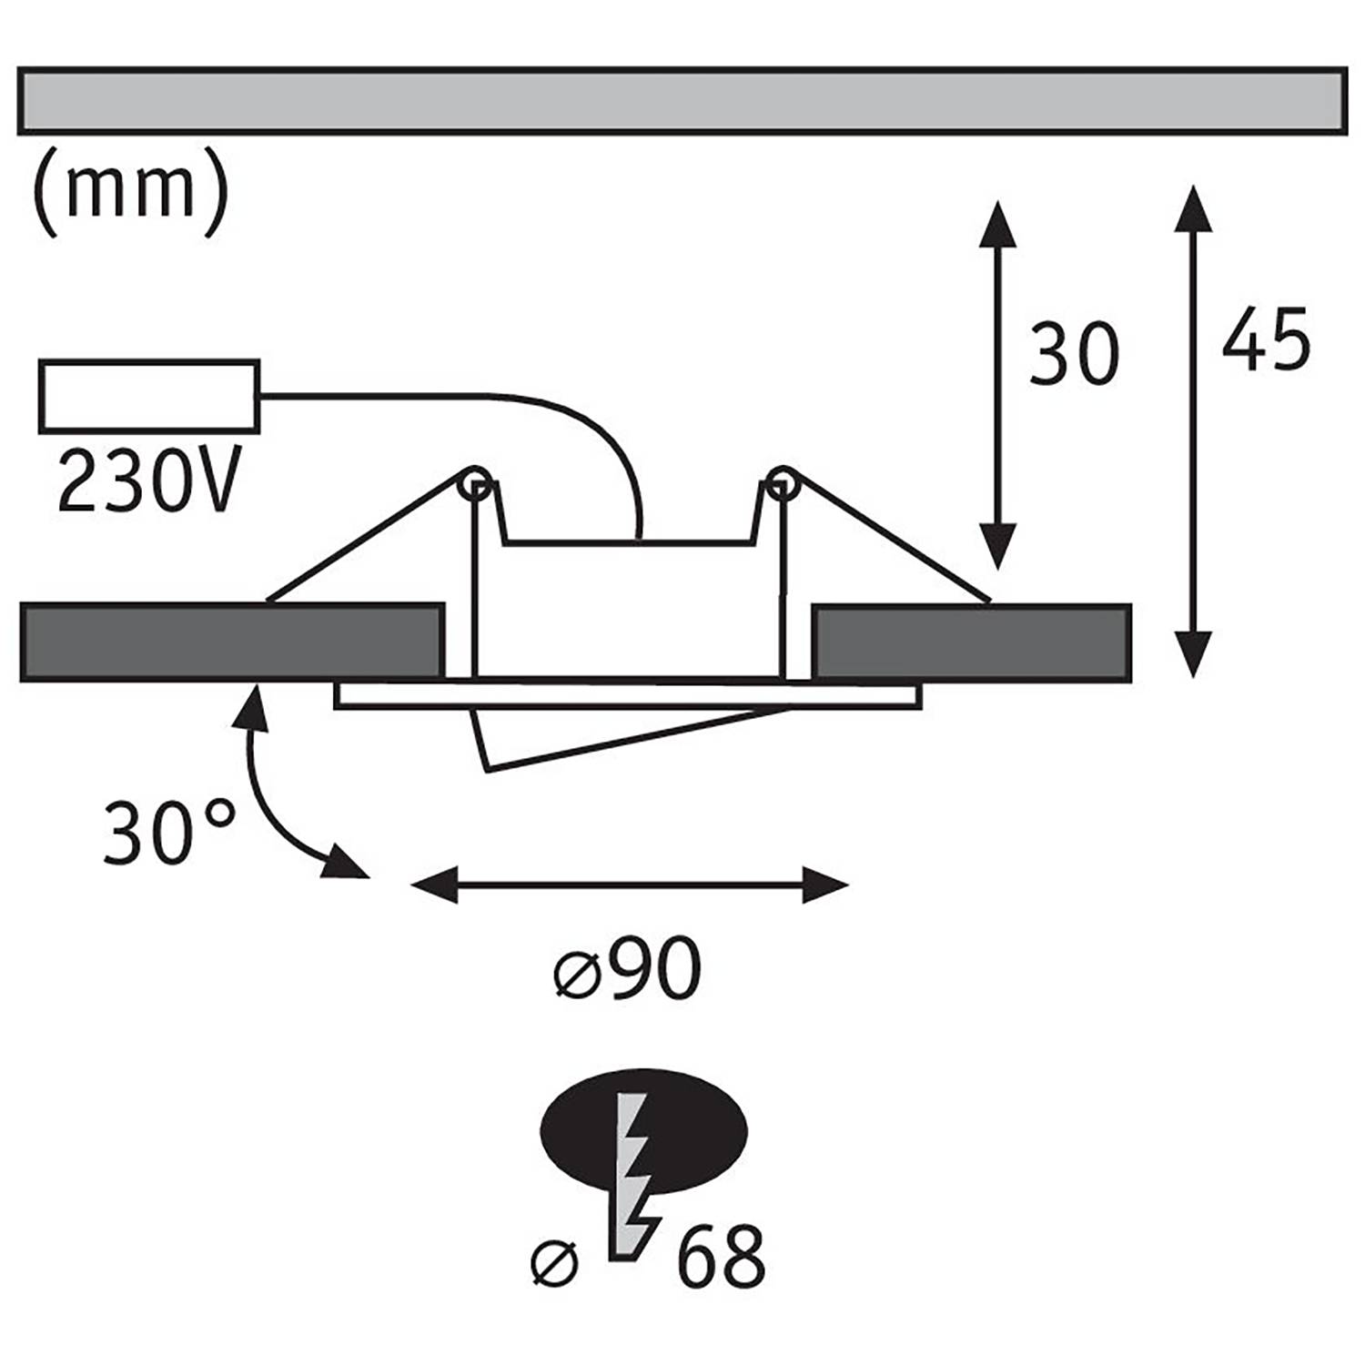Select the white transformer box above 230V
click(149, 396)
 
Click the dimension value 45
click(1265, 339)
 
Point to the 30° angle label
click(168, 832)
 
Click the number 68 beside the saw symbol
click(721, 1256)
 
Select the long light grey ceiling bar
click(682, 100)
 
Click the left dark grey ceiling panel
click(231, 642)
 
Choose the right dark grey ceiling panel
click(972, 642)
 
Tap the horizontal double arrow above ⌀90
click(629, 884)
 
